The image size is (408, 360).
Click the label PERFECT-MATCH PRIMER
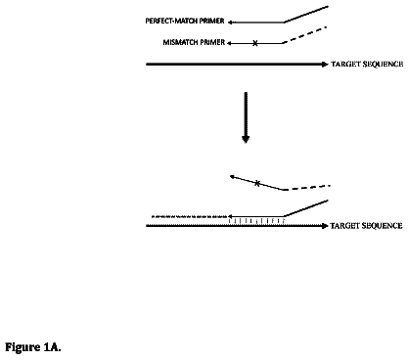point(185,21)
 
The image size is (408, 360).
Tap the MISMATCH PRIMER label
point(194,42)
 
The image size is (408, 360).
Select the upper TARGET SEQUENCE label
point(367,64)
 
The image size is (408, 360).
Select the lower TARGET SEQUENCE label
point(366,226)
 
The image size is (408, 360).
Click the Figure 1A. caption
point(33,347)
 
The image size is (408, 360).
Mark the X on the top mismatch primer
point(255,43)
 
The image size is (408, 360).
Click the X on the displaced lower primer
point(257,183)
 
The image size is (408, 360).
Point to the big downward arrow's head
point(246,139)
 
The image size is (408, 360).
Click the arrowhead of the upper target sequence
point(325,65)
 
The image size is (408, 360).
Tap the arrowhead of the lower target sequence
point(325,226)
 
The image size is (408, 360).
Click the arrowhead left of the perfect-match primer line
point(230,22)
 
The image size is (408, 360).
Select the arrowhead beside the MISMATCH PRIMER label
point(230,43)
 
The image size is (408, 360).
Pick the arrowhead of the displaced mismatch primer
point(233,177)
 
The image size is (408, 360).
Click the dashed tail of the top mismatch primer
point(305,35)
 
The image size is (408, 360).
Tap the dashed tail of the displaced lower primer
point(307,188)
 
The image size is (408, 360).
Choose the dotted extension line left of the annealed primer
point(190,216)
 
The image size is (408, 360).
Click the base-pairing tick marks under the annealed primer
point(256,221)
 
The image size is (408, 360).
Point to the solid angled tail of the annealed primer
point(306,208)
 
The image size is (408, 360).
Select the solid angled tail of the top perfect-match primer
point(306,14)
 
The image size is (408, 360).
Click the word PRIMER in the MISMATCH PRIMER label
point(212,42)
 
